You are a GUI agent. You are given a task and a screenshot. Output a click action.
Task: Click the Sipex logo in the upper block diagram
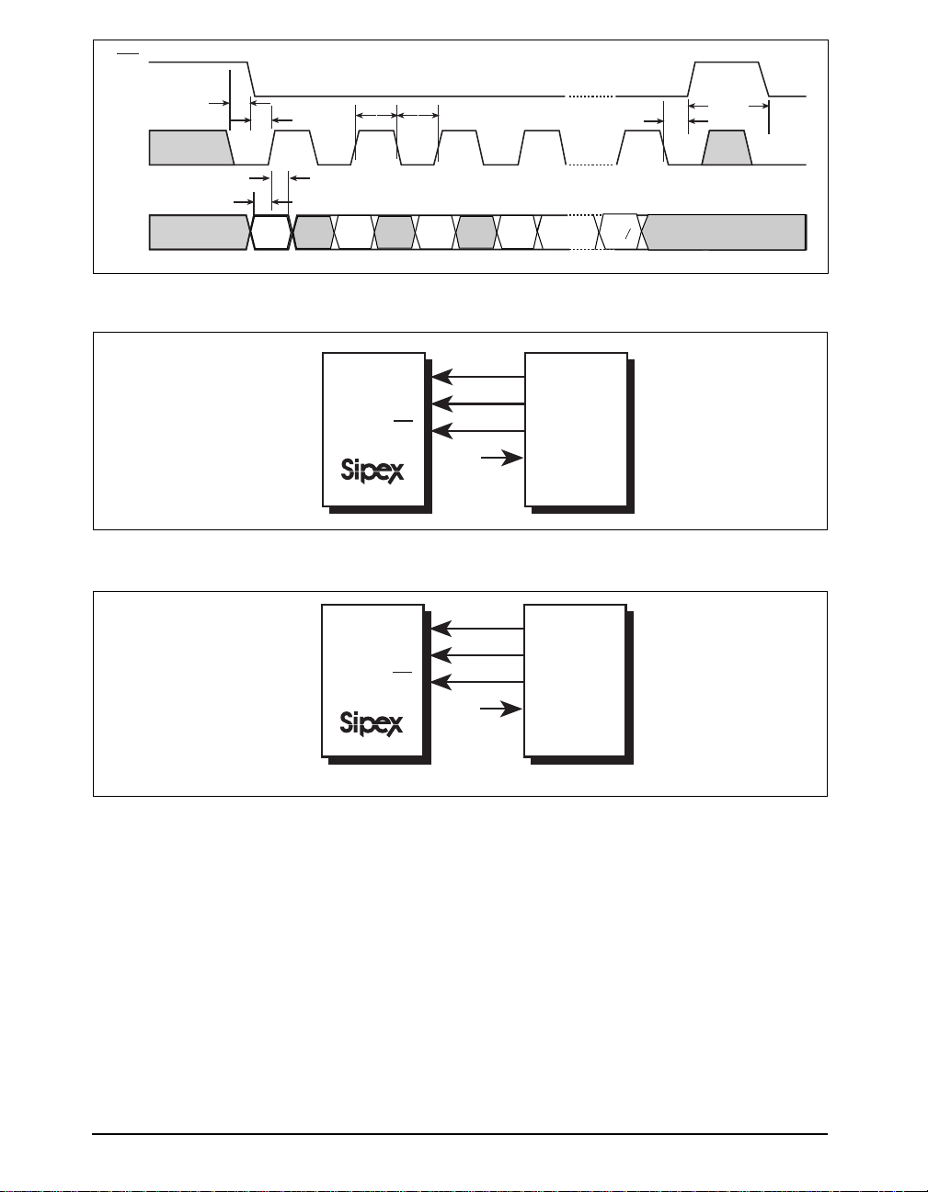point(372,471)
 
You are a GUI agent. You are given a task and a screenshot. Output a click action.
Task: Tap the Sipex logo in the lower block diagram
point(371,723)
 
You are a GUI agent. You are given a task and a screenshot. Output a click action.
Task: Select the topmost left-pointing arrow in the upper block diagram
point(477,376)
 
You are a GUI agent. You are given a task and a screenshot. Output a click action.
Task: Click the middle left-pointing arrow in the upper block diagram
point(477,403)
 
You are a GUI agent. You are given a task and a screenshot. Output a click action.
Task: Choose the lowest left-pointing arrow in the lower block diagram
point(476,682)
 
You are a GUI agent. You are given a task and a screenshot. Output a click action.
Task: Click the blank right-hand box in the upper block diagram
point(576,428)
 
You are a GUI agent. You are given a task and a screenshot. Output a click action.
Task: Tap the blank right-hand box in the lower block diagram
point(575,680)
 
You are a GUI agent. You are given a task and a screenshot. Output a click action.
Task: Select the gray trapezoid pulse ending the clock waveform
point(728,148)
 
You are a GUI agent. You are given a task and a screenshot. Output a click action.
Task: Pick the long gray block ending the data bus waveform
point(725,232)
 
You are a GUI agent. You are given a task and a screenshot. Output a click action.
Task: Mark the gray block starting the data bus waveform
point(198,232)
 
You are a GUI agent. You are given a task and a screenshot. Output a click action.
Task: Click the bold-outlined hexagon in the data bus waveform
point(271,232)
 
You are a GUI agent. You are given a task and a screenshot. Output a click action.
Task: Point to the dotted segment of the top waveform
point(590,96)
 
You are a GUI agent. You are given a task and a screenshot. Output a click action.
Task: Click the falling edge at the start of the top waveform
point(253,79)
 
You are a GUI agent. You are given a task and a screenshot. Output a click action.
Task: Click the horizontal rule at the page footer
point(460,1134)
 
